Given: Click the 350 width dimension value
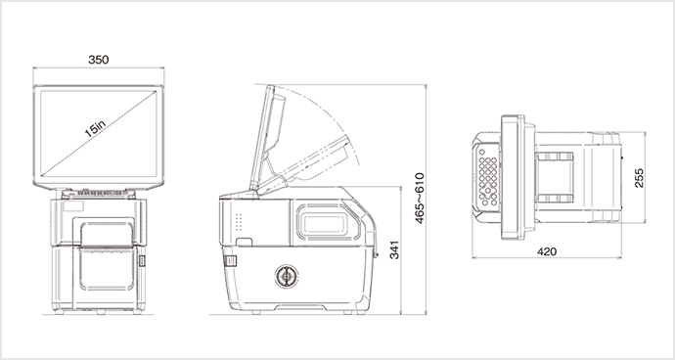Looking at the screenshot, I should pos(98,60).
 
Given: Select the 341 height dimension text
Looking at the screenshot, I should pos(393,250).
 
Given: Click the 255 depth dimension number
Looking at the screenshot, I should pos(639,178).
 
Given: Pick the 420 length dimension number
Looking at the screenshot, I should pos(547,251).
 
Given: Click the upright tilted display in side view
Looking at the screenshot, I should pos(269,137).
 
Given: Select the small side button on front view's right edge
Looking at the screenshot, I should pos(142,261).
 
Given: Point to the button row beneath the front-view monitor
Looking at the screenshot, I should pos(98,191).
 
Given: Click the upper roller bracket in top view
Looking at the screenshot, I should pos(558,157).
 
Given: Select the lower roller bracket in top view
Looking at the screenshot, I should pos(558,200).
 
